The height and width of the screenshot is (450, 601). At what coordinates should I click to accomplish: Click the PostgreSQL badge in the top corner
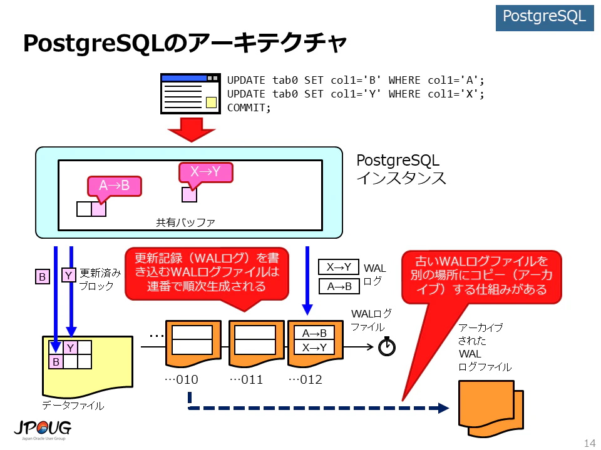tap(544, 17)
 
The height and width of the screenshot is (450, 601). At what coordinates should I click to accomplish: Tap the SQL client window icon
tap(190, 94)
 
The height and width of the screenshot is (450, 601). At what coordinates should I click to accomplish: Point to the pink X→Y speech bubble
tap(206, 172)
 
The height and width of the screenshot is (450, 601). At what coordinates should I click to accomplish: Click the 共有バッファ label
tap(185, 222)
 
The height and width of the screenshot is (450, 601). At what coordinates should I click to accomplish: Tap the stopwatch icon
tap(387, 346)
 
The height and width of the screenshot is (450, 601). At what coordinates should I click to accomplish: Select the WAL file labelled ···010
tap(193, 343)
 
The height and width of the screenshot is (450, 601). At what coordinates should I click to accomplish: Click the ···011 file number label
tap(246, 379)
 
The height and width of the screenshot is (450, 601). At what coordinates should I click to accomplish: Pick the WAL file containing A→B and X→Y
tap(315, 343)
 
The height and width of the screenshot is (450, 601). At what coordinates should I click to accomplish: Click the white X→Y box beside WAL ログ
tap(339, 267)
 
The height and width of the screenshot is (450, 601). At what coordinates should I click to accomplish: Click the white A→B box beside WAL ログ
tap(339, 286)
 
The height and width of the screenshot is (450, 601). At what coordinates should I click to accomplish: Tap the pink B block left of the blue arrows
tap(42, 276)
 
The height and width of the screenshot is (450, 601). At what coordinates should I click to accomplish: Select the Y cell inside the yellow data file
tap(70, 347)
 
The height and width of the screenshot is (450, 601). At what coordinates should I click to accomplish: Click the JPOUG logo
tap(43, 430)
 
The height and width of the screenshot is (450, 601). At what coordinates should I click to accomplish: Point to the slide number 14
tap(590, 442)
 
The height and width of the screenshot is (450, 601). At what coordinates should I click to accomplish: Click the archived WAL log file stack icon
tap(491, 409)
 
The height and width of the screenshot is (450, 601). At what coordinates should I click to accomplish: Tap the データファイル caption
tap(73, 405)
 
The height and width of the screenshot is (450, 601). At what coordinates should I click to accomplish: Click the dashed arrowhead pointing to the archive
tap(443, 408)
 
